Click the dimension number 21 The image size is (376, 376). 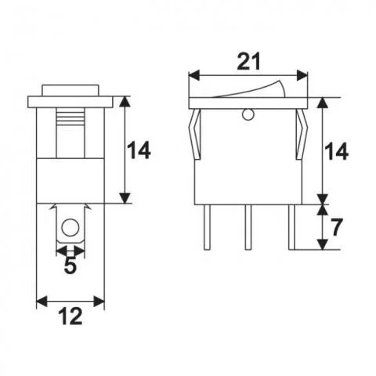[x=248, y=60]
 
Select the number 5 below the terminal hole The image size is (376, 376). [x=70, y=266]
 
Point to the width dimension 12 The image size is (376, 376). [x=70, y=317]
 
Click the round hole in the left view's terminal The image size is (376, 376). [x=70, y=230]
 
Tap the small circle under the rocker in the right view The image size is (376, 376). [x=248, y=116]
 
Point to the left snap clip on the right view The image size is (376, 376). [x=194, y=133]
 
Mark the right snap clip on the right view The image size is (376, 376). [x=301, y=133]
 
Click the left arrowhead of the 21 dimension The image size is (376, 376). [x=193, y=75]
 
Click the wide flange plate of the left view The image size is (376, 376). [x=70, y=101]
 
